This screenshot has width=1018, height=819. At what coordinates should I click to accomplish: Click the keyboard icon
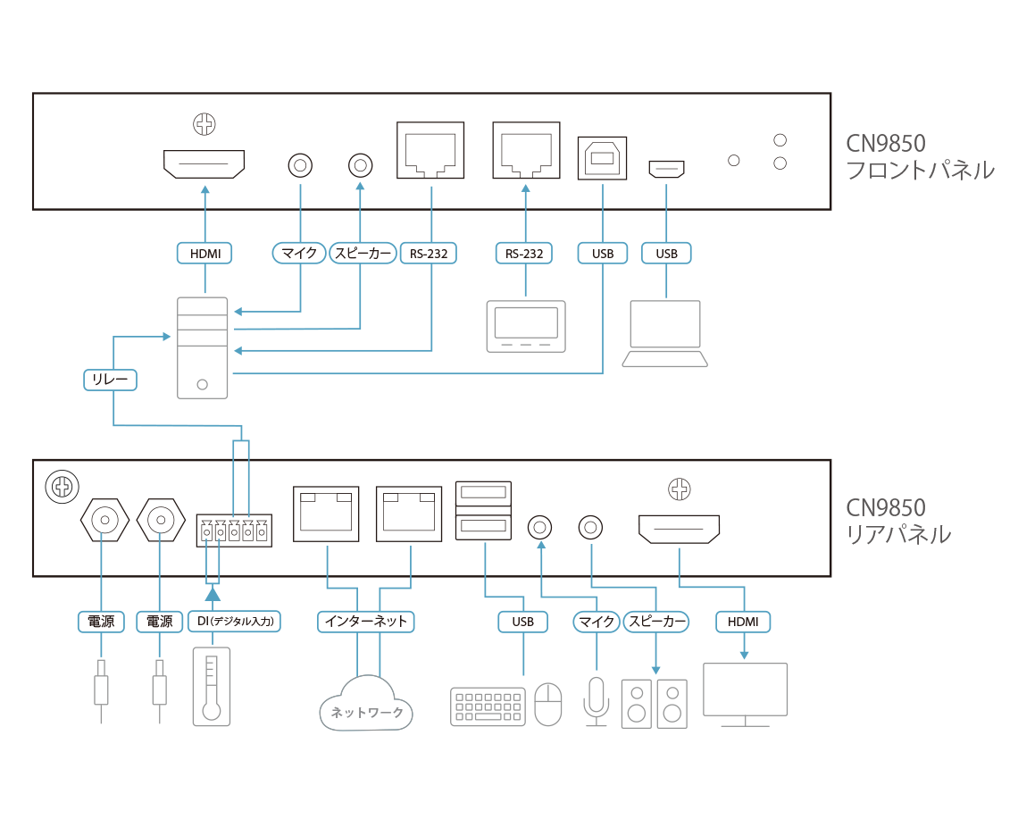488,705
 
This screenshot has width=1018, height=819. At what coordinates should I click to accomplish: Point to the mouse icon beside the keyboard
547,703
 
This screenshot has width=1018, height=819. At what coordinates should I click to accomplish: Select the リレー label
110,380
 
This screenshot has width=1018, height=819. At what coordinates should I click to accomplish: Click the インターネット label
366,622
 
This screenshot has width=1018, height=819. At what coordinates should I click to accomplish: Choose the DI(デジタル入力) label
235,622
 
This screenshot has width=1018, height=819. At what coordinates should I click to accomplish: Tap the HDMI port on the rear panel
679,530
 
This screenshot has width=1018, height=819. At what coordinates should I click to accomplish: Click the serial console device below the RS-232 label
524,327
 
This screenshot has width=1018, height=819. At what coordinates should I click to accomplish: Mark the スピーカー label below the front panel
363,254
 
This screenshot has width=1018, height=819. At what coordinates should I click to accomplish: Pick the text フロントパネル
919,171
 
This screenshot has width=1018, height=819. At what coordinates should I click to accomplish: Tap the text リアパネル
897,535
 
